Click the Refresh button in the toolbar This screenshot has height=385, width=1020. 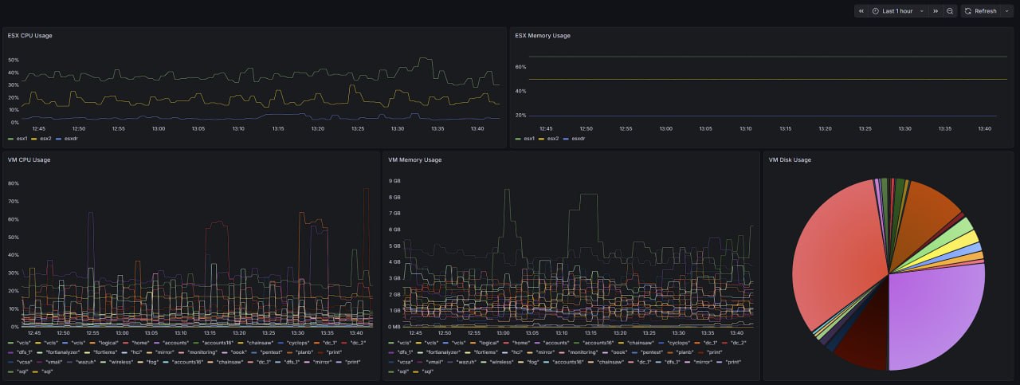(980, 11)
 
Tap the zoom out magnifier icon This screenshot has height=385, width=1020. (950, 11)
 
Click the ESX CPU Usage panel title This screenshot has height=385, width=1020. (29, 35)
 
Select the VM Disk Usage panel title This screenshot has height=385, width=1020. (789, 159)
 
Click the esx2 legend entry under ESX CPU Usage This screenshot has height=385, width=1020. (45, 139)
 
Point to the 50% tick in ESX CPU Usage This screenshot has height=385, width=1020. (13, 60)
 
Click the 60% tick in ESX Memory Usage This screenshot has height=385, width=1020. (520, 67)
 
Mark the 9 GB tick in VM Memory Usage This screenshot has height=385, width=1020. (394, 181)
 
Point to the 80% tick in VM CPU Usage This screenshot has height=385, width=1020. (13, 183)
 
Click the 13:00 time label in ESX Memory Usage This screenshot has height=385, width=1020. (665, 128)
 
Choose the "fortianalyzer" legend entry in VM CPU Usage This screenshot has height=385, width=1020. (68, 352)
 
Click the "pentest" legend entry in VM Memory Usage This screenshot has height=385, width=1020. (651, 352)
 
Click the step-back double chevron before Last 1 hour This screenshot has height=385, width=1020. (861, 11)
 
